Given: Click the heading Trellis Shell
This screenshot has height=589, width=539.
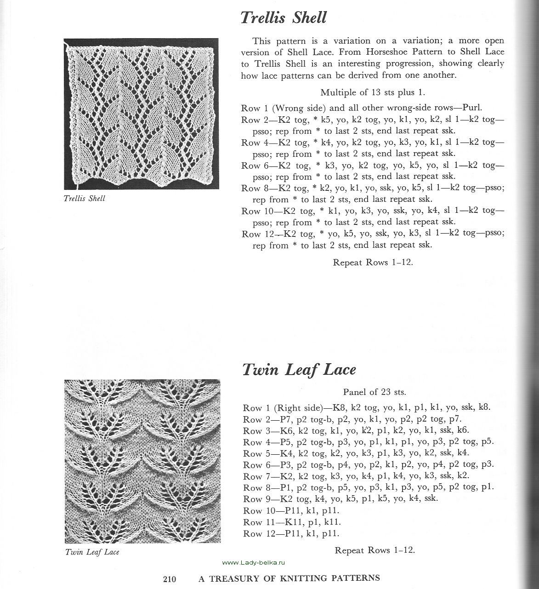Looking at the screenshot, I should point(283,18).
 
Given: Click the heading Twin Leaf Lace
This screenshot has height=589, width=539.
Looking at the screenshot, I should point(299,370).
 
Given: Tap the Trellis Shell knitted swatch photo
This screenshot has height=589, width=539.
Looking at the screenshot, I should point(141,114).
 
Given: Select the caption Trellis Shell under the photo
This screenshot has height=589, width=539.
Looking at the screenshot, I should point(85,199).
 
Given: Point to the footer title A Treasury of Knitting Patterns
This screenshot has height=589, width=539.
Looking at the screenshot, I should point(289,578).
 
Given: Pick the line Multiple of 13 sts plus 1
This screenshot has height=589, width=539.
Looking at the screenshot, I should point(372,92).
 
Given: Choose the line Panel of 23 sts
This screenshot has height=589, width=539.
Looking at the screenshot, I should point(374,392).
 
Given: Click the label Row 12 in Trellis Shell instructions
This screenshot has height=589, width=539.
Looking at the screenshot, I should point(258,234).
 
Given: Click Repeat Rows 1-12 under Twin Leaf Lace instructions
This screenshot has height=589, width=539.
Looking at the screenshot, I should point(375,550).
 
